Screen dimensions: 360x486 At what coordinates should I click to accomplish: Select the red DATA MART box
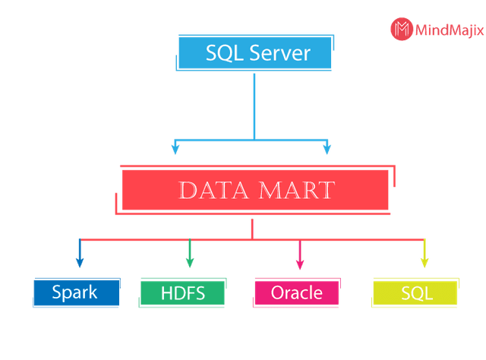(x=255, y=189)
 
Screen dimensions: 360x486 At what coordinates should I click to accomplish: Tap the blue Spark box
(x=75, y=292)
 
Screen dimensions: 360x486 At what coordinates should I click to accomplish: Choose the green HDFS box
(x=183, y=292)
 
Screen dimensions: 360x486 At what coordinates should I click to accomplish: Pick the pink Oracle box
(x=296, y=292)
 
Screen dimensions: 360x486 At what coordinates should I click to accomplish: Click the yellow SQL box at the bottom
(x=416, y=293)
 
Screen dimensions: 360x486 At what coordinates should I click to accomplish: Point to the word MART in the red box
(x=297, y=190)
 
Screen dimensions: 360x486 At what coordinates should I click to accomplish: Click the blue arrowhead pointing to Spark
(x=79, y=262)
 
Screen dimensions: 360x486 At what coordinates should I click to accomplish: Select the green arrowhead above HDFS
(x=189, y=262)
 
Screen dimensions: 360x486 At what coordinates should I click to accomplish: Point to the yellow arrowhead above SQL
(x=424, y=262)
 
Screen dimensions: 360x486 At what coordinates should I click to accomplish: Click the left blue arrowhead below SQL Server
(x=175, y=149)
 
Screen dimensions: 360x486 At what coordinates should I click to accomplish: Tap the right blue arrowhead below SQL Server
(x=327, y=149)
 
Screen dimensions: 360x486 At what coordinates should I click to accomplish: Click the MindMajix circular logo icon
(x=401, y=30)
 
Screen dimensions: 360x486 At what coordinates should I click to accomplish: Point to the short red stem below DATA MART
(x=251, y=229)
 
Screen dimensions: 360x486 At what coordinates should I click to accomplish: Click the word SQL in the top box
(x=222, y=53)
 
